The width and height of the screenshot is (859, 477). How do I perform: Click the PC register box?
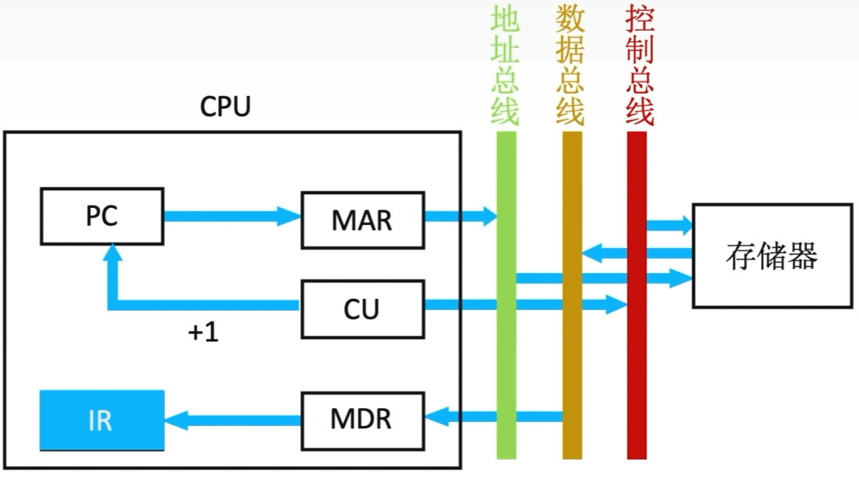point(102,216)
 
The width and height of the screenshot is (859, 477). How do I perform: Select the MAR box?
point(361,219)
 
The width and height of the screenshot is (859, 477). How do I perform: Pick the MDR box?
point(361,417)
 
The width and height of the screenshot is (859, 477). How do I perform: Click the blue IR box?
point(102,420)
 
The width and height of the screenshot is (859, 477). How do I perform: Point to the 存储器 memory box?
point(771,256)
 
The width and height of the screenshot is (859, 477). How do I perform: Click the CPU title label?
point(225,107)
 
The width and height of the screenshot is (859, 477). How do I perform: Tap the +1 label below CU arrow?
point(203,333)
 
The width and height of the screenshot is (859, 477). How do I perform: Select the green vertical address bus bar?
point(506,353)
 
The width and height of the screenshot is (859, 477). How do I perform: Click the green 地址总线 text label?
point(506,66)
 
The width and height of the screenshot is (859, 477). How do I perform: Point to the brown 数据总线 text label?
point(571,66)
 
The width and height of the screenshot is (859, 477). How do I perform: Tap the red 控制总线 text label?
point(640,66)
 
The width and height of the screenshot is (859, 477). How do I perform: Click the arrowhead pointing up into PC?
point(114,253)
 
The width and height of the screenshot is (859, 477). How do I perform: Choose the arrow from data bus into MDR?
point(494,416)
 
